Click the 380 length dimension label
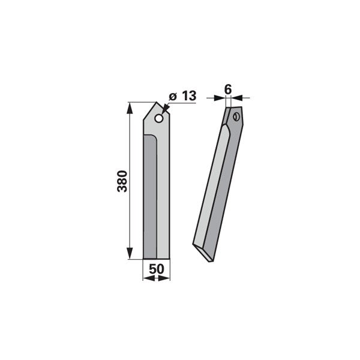pyautogui.click(x=122, y=181)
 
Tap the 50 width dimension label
pyautogui.click(x=157, y=269)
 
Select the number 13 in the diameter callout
pyautogui.click(x=189, y=96)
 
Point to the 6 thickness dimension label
pyautogui.click(x=228, y=89)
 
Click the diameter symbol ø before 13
pyautogui.click(x=173, y=97)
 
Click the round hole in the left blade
pyautogui.click(x=159, y=118)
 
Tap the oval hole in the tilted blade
pyautogui.click(x=236, y=117)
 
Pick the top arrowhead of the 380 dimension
pyautogui.click(x=130, y=107)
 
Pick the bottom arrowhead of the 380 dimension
pyautogui.click(x=130, y=253)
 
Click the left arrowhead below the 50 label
pyautogui.click(x=149, y=278)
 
